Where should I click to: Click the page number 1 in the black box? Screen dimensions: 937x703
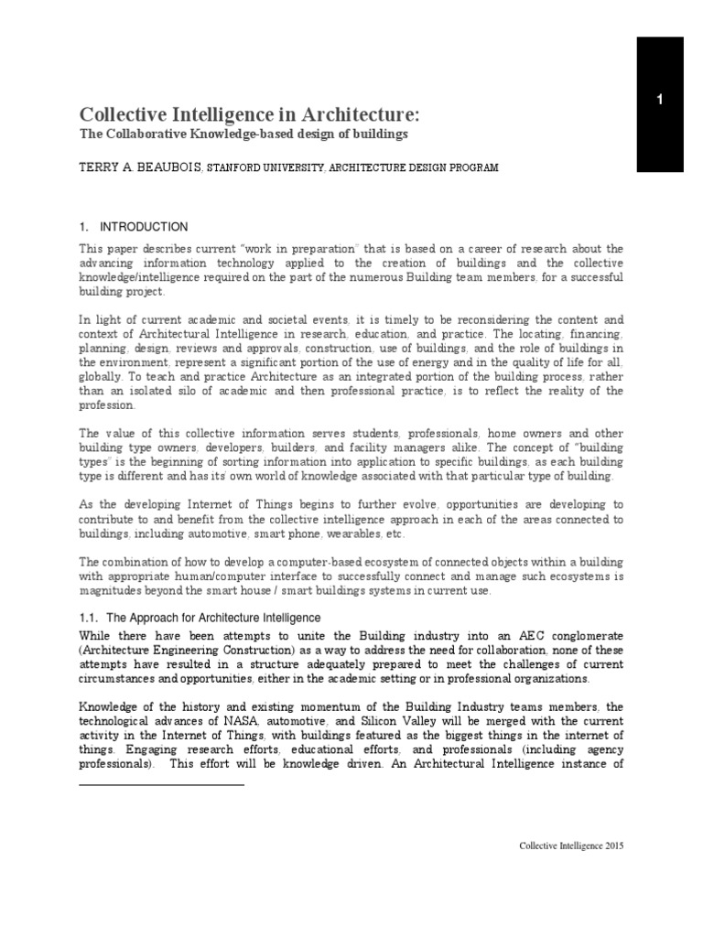pyautogui.click(x=659, y=101)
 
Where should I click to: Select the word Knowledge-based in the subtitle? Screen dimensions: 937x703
pyautogui.click(x=237, y=135)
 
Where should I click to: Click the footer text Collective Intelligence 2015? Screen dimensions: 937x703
pyautogui.click(x=571, y=847)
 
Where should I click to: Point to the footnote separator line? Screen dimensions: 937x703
pyautogui.click(x=162, y=784)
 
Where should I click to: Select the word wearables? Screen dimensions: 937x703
pyautogui.click(x=344, y=533)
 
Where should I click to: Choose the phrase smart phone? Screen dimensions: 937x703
pyautogui.click(x=280, y=533)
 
